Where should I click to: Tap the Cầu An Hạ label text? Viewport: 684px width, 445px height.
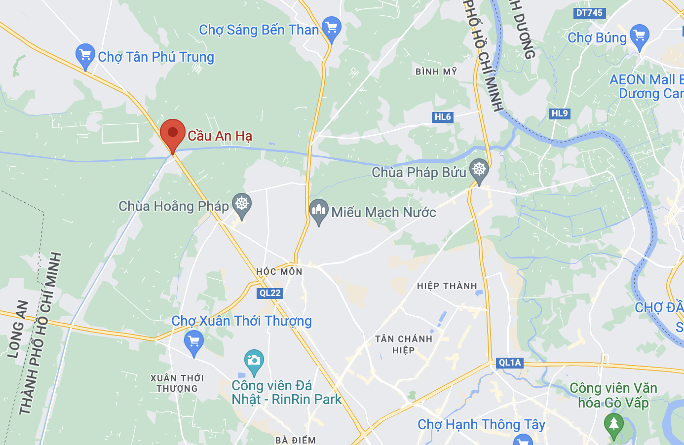click(x=220, y=136)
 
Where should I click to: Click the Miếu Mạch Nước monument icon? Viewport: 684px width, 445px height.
click(x=319, y=211)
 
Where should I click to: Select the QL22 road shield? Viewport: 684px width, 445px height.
click(x=270, y=293)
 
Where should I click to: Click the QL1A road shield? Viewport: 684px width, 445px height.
click(x=510, y=363)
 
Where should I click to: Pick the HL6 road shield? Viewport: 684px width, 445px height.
click(x=443, y=117)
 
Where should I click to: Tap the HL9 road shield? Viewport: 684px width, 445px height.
click(x=560, y=113)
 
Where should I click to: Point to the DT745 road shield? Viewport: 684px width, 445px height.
click(x=589, y=13)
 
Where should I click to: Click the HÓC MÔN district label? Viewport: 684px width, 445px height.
click(x=279, y=271)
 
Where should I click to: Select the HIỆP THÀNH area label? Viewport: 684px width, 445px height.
click(x=447, y=286)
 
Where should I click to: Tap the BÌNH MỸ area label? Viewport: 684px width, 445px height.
click(x=436, y=72)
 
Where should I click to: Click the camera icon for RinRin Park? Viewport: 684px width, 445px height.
click(x=254, y=361)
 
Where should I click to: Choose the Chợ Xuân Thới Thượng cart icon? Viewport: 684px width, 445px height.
click(x=193, y=341)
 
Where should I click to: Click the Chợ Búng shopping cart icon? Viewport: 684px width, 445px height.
click(x=640, y=36)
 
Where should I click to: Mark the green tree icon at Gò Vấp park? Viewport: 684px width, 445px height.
click(x=613, y=424)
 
